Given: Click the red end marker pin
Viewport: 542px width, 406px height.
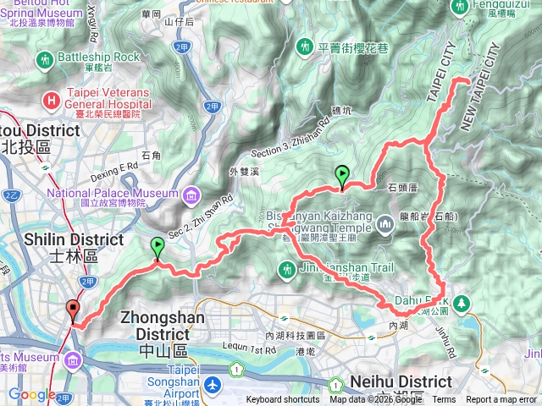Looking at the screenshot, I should tap(72, 310).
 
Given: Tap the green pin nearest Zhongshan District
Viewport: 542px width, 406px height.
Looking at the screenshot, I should tap(158, 248).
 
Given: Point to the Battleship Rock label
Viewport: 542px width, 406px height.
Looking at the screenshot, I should tap(97, 57).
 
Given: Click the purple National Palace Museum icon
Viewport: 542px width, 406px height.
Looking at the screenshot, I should tap(191, 197).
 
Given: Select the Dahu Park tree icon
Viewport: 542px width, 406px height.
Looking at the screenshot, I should tap(462, 302).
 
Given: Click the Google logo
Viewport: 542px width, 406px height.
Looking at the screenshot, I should tap(32, 395).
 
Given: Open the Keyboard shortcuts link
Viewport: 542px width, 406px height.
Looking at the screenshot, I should tap(284, 400).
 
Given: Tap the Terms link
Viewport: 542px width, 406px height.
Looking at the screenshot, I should tap(444, 400).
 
